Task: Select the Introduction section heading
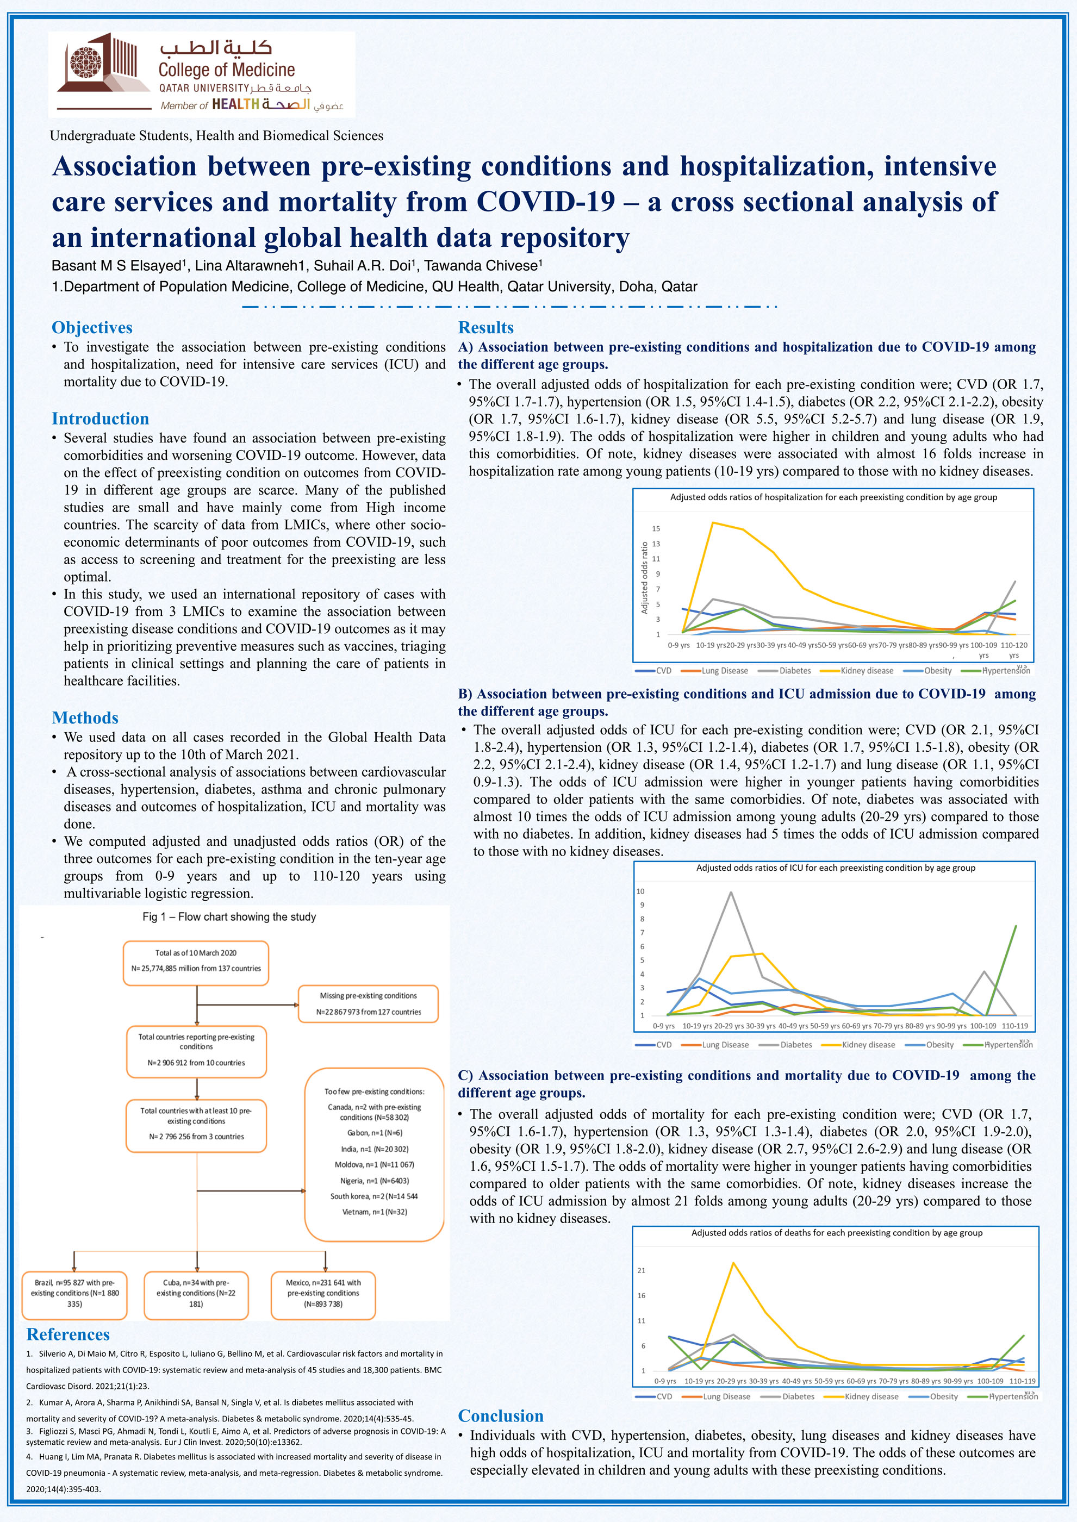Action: click(x=100, y=419)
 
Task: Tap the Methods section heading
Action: click(x=85, y=718)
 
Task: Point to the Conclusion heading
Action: click(x=501, y=1416)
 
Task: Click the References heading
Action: click(x=67, y=1334)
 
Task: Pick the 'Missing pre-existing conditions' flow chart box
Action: click(x=369, y=1003)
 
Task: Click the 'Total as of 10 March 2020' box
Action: click(x=196, y=960)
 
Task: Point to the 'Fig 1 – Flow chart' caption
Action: click(x=229, y=917)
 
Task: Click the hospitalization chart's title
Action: click(x=833, y=497)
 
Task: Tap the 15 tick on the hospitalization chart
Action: click(x=656, y=528)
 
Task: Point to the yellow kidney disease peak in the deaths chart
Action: click(x=733, y=1263)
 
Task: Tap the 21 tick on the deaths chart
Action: click(x=642, y=1270)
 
